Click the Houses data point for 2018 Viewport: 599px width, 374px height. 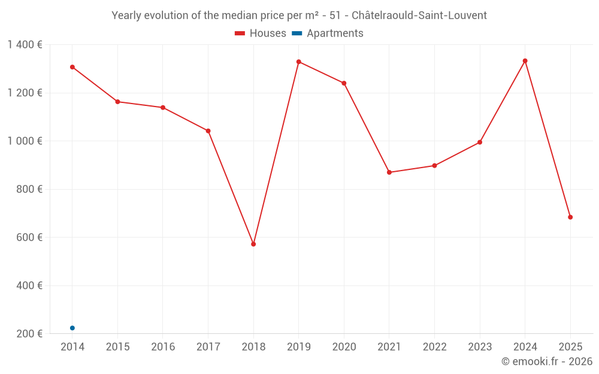point(253,244)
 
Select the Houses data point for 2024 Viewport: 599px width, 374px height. point(525,61)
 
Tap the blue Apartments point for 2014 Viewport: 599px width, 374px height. point(72,328)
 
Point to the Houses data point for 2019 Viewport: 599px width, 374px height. point(299,62)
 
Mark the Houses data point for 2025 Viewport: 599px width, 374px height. point(570,217)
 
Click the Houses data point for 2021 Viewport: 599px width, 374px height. point(389,172)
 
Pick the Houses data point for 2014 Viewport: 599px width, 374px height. point(72,67)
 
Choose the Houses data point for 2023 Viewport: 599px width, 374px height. point(480,142)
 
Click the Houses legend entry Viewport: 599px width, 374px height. point(261,34)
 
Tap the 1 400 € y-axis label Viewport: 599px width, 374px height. point(25,45)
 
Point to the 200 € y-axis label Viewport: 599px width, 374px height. point(28,334)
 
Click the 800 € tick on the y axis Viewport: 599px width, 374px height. point(28,189)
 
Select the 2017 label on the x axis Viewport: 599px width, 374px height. point(208,347)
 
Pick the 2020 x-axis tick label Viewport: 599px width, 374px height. point(344,347)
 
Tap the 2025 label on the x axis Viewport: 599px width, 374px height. point(570,347)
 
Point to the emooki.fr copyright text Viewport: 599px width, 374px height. point(547,361)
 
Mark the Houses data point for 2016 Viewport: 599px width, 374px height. point(163,108)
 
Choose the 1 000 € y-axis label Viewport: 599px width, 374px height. point(25,141)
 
